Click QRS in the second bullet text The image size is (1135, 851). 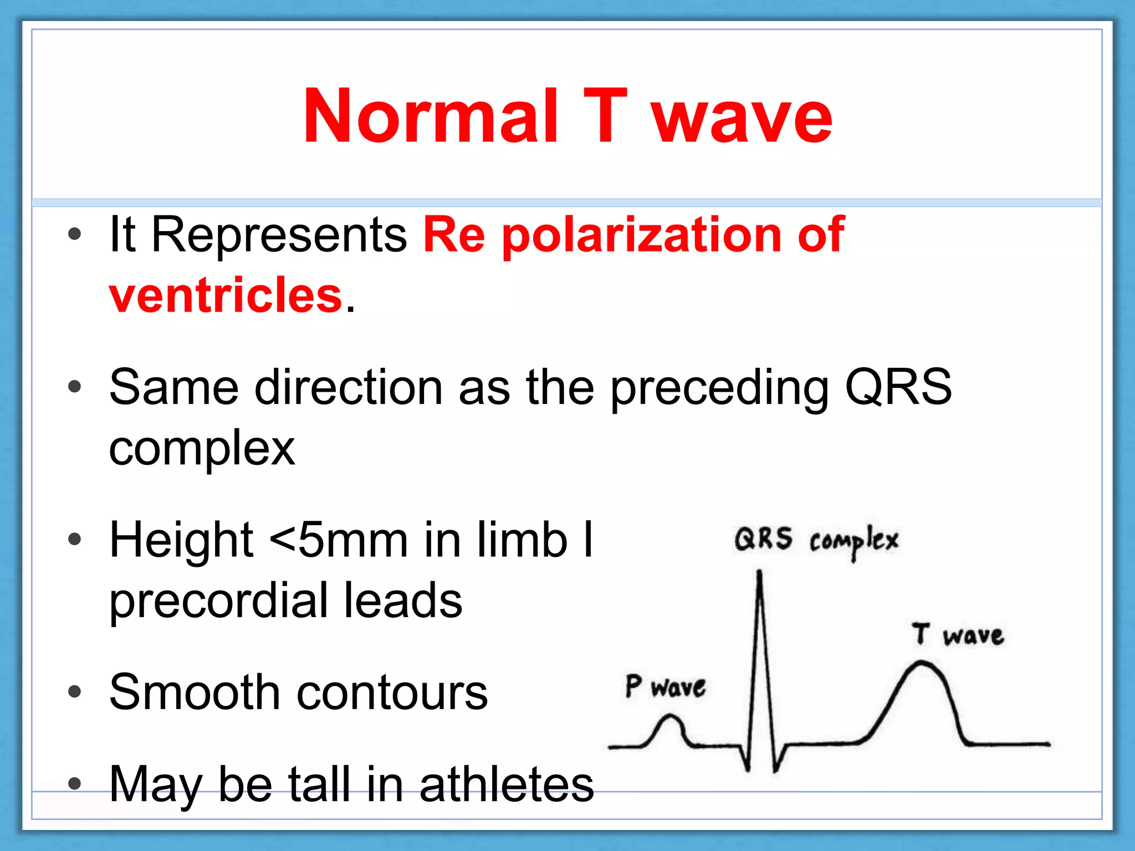(898, 387)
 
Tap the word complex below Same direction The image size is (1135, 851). (202, 449)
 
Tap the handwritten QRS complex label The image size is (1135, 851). (816, 540)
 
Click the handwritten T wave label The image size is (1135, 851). (958, 635)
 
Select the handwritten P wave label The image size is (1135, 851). (665, 687)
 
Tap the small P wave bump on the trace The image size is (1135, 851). (671, 719)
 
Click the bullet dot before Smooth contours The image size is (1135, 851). (74, 692)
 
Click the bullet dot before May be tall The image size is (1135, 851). (74, 783)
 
